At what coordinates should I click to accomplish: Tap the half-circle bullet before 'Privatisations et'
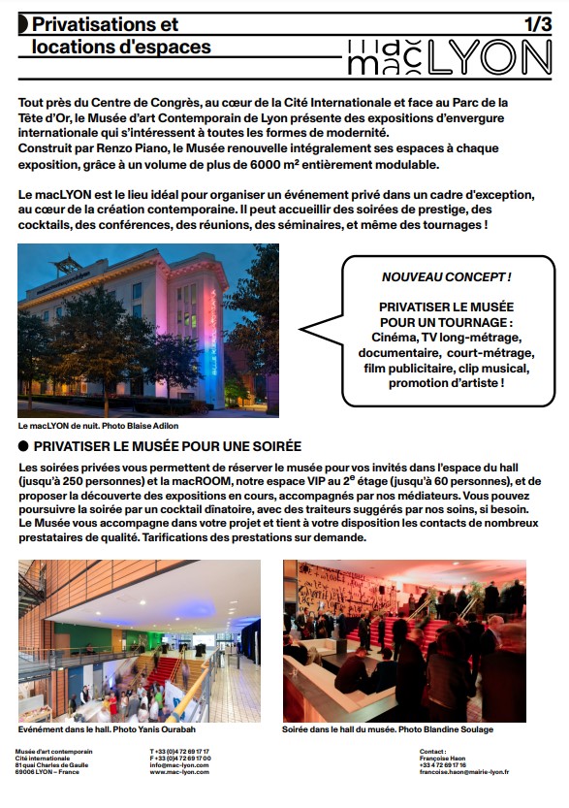(21, 23)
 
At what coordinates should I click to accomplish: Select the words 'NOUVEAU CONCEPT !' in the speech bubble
(447, 277)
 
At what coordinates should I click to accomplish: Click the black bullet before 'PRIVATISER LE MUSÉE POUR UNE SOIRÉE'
(23, 447)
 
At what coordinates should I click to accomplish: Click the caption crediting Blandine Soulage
(388, 728)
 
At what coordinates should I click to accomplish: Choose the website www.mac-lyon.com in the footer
(179, 772)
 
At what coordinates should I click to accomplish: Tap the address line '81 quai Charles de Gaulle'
(53, 765)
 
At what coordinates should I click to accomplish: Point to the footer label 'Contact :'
(432, 751)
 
